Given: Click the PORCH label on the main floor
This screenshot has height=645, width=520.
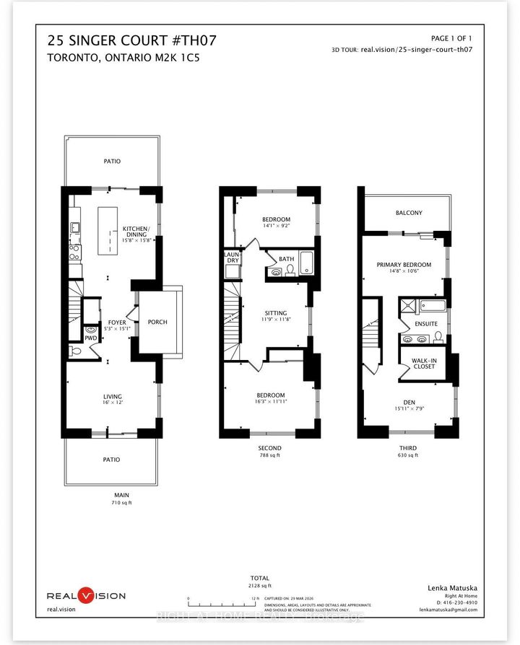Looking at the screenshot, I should tap(157, 322).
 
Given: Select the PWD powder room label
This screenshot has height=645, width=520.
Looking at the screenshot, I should tap(90, 338).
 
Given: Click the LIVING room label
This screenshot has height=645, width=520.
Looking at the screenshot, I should tap(111, 396).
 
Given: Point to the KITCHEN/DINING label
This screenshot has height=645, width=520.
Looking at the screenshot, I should tap(135, 232).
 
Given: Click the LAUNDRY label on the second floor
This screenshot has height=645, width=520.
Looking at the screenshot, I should tap(233, 258).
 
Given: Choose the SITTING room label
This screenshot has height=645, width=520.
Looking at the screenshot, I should tap(276, 314).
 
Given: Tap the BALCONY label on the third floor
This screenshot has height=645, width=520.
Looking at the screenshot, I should tap(409, 213).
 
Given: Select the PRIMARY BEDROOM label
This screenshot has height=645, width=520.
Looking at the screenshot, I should tap(404, 265).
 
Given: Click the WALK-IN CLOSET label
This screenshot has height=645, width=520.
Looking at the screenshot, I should tap(424, 363).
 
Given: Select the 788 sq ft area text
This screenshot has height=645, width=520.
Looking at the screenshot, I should tap(269, 455).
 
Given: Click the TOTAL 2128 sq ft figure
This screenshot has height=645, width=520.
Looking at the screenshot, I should tap(259, 587).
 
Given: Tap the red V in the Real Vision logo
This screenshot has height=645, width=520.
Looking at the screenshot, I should tap(86, 595).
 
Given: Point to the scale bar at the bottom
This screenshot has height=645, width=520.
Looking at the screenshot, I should tap(220, 599).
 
